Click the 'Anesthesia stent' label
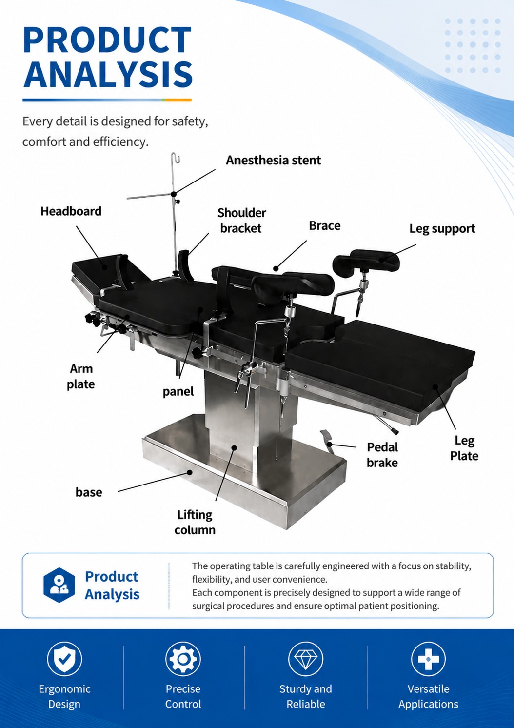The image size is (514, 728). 273,160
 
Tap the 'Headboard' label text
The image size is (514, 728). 71,211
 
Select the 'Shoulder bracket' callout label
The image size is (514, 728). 241,221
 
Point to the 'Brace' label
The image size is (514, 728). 325,225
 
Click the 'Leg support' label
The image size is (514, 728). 442,229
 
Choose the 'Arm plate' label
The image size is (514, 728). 81,376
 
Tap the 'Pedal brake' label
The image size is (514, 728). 382,455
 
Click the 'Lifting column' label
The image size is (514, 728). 195,522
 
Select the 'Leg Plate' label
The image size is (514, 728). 464,448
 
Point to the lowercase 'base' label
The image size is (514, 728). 89,492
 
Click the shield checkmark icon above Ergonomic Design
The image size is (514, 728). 64,658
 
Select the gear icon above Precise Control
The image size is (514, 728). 183,658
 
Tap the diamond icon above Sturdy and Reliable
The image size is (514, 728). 306,658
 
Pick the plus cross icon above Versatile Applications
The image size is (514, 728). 428,658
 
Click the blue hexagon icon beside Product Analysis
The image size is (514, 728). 59,585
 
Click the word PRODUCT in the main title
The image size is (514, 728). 107,40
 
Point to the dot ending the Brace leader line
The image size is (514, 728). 276,268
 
